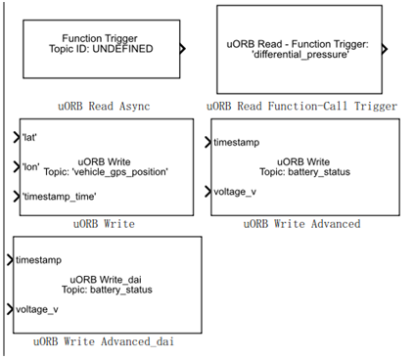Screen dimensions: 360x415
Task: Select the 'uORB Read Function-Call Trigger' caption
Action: [x=303, y=104]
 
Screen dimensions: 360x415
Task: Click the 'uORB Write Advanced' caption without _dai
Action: [x=302, y=224]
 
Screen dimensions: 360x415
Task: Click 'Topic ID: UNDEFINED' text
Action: [x=101, y=49]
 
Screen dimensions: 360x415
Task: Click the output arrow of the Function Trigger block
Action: [x=183, y=45]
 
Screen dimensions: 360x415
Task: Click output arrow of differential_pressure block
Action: [x=385, y=48]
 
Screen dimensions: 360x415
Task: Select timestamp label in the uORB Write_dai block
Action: [x=39, y=260]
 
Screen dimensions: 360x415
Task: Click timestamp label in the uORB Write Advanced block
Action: [x=236, y=143]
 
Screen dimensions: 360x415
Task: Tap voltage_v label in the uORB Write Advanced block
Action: [x=235, y=192]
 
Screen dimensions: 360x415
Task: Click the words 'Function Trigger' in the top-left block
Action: [x=101, y=38]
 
